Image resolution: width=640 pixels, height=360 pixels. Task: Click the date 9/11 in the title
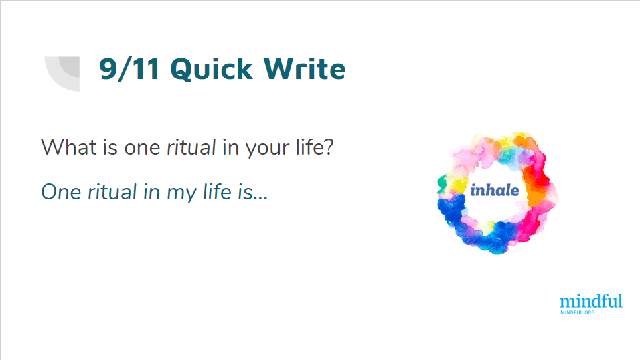(129, 68)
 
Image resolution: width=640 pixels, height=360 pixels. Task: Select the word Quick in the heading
(212, 68)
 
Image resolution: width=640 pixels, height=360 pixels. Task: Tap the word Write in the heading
(305, 68)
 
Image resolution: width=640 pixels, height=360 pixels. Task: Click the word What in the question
(68, 147)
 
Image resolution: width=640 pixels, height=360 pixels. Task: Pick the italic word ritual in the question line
(191, 147)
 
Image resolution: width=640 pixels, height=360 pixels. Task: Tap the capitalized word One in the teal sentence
(61, 192)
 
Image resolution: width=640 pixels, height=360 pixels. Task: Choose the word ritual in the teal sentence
(112, 192)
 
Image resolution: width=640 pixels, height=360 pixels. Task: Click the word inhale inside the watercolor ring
(494, 190)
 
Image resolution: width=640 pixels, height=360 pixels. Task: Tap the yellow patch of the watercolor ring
(457, 186)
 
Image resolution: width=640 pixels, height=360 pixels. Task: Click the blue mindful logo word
(591, 301)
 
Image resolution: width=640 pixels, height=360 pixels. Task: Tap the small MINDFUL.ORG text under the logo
(578, 312)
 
